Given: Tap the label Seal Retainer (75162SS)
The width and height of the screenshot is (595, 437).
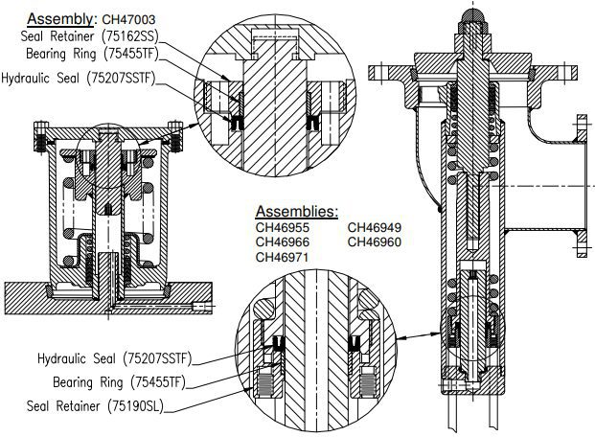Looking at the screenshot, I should pos(83,37).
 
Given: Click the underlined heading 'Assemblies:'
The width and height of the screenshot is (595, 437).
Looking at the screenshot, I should pos(296,210).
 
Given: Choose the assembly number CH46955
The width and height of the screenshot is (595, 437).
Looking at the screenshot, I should pos(283,228).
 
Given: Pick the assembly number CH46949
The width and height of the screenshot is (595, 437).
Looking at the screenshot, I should pos(374,228).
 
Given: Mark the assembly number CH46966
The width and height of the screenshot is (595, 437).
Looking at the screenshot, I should pos(283,242).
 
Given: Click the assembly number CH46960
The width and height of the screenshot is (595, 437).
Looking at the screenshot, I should pos(374,242).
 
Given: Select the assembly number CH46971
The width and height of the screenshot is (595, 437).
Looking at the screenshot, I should pos(283,258).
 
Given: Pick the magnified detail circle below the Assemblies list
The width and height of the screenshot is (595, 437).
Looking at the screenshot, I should pos(316,355).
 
